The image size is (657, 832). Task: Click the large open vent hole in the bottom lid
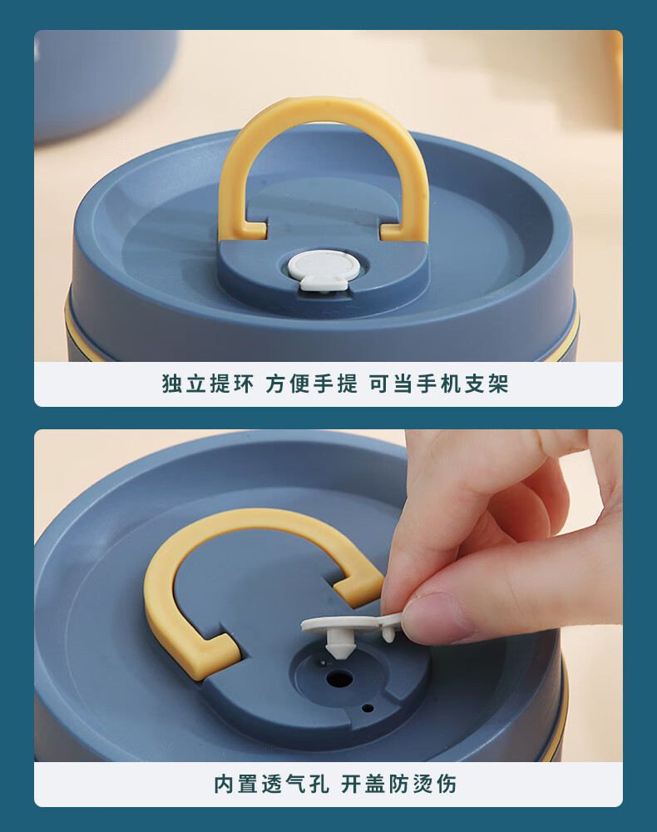tap(339, 677)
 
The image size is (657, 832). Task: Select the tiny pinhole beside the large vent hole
tap(368, 708)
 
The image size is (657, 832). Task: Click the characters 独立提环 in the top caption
tap(208, 384)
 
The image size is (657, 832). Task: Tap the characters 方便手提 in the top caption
tap(312, 384)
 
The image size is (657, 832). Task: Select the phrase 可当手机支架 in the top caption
tap(439, 384)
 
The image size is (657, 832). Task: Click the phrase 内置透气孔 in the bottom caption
tap(271, 784)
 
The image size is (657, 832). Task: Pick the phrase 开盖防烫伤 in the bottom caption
tap(398, 784)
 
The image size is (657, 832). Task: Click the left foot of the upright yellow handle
tap(249, 230)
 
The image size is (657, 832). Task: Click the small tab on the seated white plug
tap(324, 282)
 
